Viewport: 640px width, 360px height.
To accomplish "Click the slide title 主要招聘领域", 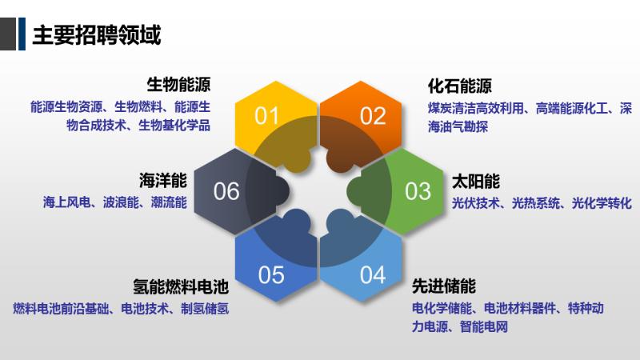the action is pos(97,34).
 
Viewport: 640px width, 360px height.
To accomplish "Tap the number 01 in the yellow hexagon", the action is pos(266,116).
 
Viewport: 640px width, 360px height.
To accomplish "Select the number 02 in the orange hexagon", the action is pos(373,116).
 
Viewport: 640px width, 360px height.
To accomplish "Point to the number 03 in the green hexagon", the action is pos(418,191).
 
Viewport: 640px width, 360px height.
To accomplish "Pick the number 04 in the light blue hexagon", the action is pos(373,274).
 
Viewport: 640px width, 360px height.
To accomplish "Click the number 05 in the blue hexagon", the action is pos(271,274).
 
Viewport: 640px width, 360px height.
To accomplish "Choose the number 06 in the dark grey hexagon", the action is pos(226,191).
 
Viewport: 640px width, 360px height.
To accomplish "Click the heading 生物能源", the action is pos(178,85).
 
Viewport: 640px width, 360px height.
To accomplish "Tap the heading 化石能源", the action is pos(459,86).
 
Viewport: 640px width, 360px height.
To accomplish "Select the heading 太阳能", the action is pos(476,182).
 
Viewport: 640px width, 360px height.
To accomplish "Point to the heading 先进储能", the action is pos(444,286).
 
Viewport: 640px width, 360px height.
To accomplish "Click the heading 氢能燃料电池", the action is pos(181,287).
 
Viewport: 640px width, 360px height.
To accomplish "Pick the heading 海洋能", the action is pos(163,181).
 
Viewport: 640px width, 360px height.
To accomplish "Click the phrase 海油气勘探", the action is pos(458,126).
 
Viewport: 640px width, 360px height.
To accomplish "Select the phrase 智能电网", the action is pos(484,327).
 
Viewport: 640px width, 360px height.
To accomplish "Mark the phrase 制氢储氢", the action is pos(205,309).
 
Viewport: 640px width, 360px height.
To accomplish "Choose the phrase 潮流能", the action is pos(169,202).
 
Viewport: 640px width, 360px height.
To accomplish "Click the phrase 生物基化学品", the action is pos(174,126).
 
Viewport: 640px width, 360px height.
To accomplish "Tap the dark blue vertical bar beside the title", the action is pos(22,34).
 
